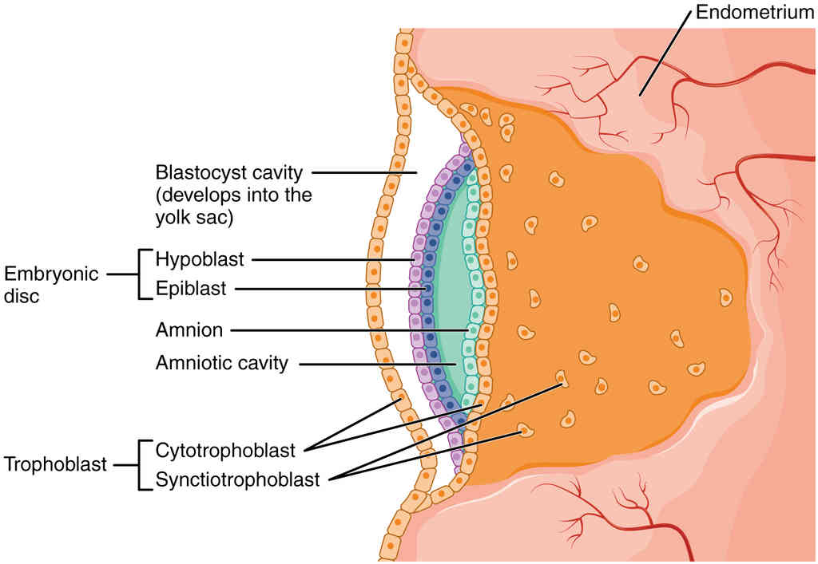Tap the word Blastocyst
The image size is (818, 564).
[x=192, y=172]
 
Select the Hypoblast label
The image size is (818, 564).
[x=200, y=259]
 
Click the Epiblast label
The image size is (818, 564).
[x=192, y=289]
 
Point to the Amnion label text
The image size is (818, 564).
[x=189, y=329]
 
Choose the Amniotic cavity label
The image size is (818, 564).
[x=221, y=364]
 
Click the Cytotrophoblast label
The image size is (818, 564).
[x=226, y=450]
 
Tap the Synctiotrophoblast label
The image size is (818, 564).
[x=238, y=479]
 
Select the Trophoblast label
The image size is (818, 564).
[x=56, y=463]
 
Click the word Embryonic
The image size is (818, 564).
[x=52, y=274]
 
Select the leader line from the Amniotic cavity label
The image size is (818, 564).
[x=375, y=365]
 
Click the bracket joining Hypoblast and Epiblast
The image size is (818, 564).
[x=142, y=274]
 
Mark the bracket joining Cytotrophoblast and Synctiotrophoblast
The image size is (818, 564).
[x=142, y=463]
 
